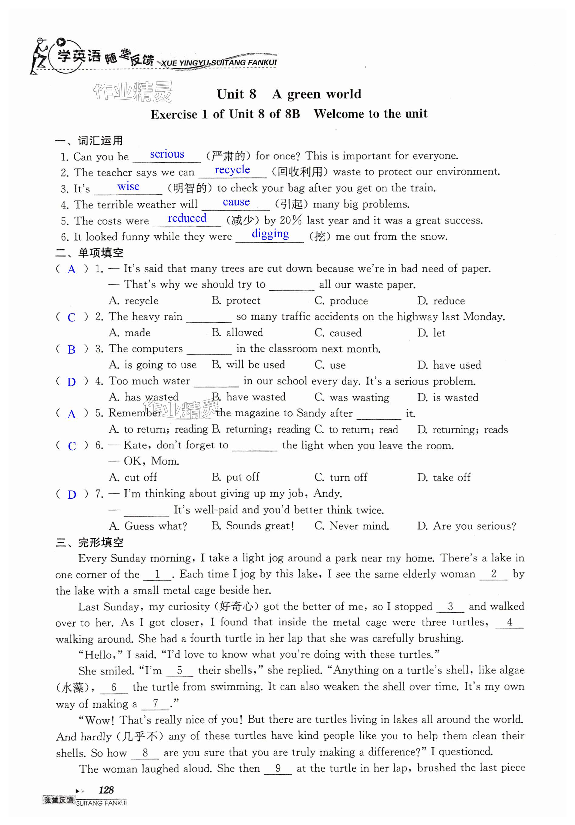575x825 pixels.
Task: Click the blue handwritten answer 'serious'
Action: pyautogui.click(x=167, y=154)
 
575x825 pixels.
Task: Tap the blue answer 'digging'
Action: pyautogui.click(x=270, y=234)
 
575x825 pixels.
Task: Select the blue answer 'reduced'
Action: pyautogui.click(x=187, y=218)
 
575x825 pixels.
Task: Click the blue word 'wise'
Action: pyautogui.click(x=128, y=187)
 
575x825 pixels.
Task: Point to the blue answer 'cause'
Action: pyautogui.click(x=236, y=202)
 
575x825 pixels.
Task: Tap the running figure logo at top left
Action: pyautogui.click(x=39, y=56)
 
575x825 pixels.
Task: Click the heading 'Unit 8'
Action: pyautogui.click(x=236, y=94)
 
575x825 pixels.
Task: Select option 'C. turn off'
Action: pyautogui.click(x=341, y=477)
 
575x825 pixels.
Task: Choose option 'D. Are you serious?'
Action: pyautogui.click(x=466, y=526)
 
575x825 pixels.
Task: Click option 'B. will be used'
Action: pyautogui.click(x=248, y=365)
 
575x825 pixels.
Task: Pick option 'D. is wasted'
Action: pyautogui.click(x=448, y=397)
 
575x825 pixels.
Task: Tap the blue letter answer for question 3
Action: pyautogui.click(x=72, y=349)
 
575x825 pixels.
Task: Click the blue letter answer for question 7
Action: pyautogui.click(x=72, y=494)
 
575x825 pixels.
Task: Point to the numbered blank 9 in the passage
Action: pyautogui.click(x=277, y=768)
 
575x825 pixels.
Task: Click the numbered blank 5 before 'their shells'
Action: pyautogui.click(x=180, y=670)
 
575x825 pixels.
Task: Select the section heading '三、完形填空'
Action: pyautogui.click(x=89, y=543)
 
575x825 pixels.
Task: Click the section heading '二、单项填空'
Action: pyautogui.click(x=89, y=253)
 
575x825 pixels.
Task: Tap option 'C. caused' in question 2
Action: pyautogui.click(x=338, y=333)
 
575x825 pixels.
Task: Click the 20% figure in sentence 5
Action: pyautogui.click(x=291, y=220)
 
